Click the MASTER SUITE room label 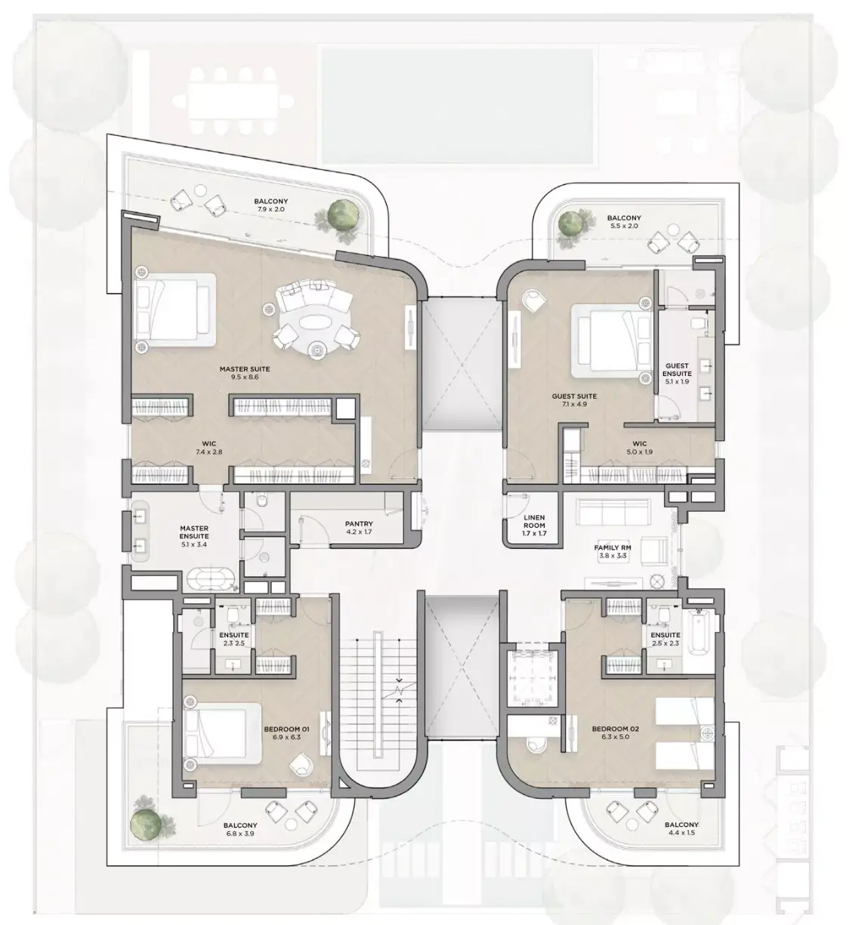245,369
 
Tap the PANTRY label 359,524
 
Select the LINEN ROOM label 534,522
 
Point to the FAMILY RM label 613,547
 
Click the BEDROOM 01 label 286,729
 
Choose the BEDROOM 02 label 616,729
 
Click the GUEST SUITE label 575,396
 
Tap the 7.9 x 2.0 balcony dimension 271,209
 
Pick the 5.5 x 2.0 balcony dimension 624,226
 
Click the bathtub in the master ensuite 211,578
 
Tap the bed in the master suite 174,310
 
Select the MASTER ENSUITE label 194,532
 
